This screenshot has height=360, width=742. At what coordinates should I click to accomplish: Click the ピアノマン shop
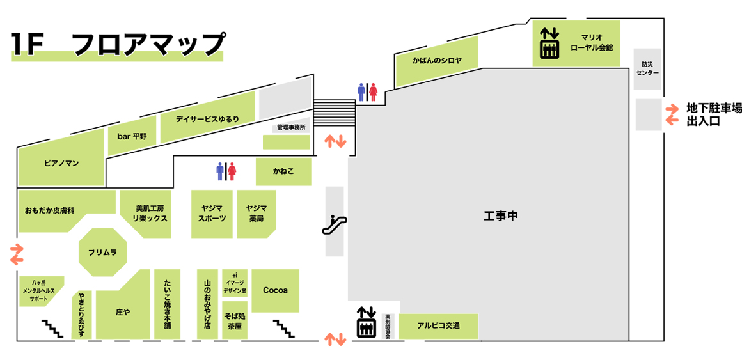point(61,163)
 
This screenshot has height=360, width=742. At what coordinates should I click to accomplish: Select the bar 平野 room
point(132,136)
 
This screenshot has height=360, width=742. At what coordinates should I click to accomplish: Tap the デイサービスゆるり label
point(208,119)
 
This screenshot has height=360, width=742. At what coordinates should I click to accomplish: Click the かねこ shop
point(283,172)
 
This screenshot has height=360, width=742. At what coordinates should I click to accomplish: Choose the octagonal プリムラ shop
point(103,253)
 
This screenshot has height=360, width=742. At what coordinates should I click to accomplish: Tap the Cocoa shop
point(275,290)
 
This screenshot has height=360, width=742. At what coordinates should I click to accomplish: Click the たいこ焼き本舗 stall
point(167,304)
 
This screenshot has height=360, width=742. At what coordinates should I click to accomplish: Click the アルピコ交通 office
point(438,326)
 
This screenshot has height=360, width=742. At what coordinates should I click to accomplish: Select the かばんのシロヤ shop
point(437,61)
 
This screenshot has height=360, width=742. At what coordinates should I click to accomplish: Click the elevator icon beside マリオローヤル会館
point(549,42)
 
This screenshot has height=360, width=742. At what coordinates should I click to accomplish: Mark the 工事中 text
point(500,216)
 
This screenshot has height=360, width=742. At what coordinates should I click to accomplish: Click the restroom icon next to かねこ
point(226,171)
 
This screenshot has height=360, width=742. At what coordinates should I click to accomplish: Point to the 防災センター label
point(647,68)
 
